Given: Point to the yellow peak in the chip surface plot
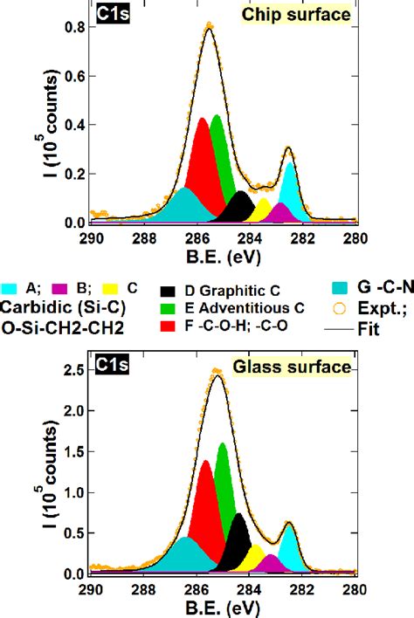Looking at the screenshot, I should click(262, 212).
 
